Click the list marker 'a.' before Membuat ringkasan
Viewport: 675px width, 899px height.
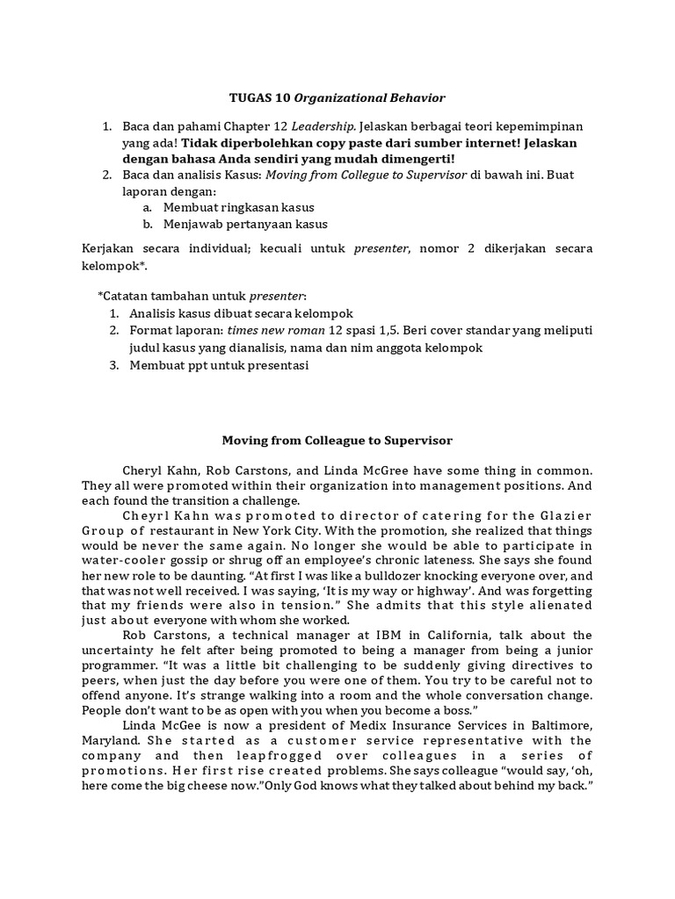tap(148, 206)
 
